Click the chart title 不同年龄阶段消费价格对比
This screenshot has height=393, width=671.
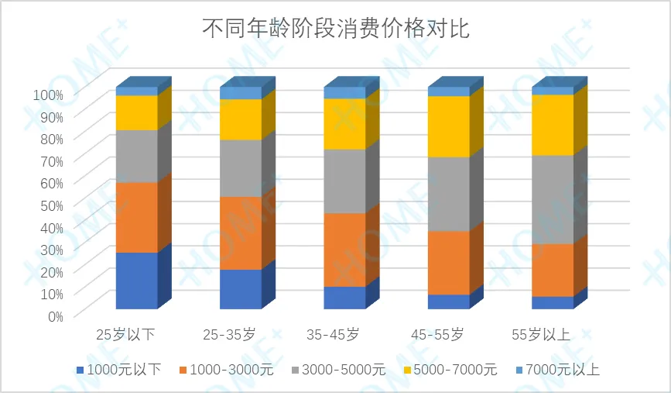336,29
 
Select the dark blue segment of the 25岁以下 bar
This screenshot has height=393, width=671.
137,280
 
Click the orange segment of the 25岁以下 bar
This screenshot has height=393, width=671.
137,217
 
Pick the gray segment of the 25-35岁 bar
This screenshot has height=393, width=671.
241,167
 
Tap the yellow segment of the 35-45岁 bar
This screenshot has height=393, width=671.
344,123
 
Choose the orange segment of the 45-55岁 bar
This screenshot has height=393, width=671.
449,262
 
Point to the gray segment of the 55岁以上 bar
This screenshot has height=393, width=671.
553,199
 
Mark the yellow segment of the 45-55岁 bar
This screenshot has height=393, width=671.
449,126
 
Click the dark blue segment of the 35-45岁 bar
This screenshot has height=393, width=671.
344,297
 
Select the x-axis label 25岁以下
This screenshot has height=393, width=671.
125,335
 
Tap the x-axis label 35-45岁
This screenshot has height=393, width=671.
333,335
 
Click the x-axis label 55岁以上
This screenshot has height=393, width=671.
541,335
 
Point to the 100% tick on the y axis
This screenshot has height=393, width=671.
48,94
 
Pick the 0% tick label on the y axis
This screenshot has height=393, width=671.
54,315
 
